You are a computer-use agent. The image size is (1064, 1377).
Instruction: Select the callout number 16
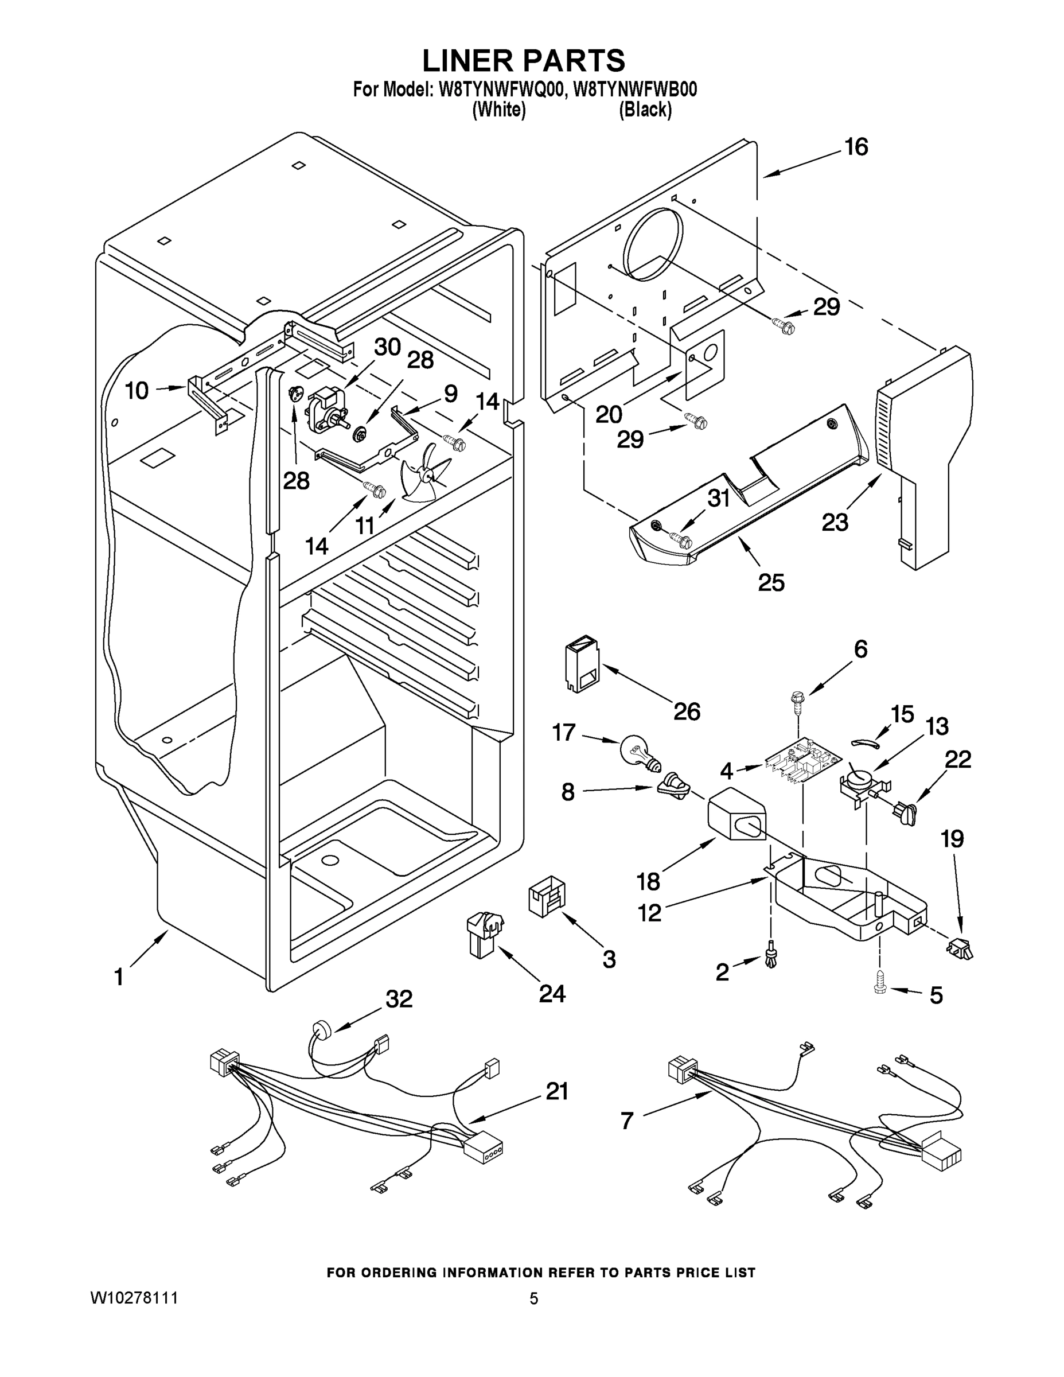856,147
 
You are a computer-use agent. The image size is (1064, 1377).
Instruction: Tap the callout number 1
119,977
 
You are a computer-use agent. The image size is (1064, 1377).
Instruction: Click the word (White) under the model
498,110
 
